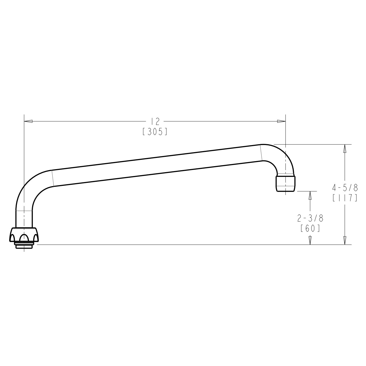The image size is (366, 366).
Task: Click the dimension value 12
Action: tap(155, 121)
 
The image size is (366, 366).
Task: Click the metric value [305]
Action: tap(155, 132)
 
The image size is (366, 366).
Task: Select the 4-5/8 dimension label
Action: tap(345, 188)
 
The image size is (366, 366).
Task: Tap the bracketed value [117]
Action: tap(345, 198)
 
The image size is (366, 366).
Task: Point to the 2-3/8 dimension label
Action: tap(310, 218)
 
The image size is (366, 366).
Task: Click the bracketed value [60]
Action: tap(310, 228)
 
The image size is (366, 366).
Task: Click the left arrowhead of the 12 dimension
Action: tap(29, 121)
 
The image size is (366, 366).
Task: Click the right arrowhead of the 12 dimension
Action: tap(281, 121)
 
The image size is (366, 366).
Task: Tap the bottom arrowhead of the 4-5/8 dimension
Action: tap(345, 240)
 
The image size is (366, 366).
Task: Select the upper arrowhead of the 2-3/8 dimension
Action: tap(310, 195)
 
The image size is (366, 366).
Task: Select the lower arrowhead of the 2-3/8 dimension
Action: tap(310, 240)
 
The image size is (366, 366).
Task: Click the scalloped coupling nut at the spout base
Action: tap(24, 234)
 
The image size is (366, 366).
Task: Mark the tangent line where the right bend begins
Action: tap(261, 152)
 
